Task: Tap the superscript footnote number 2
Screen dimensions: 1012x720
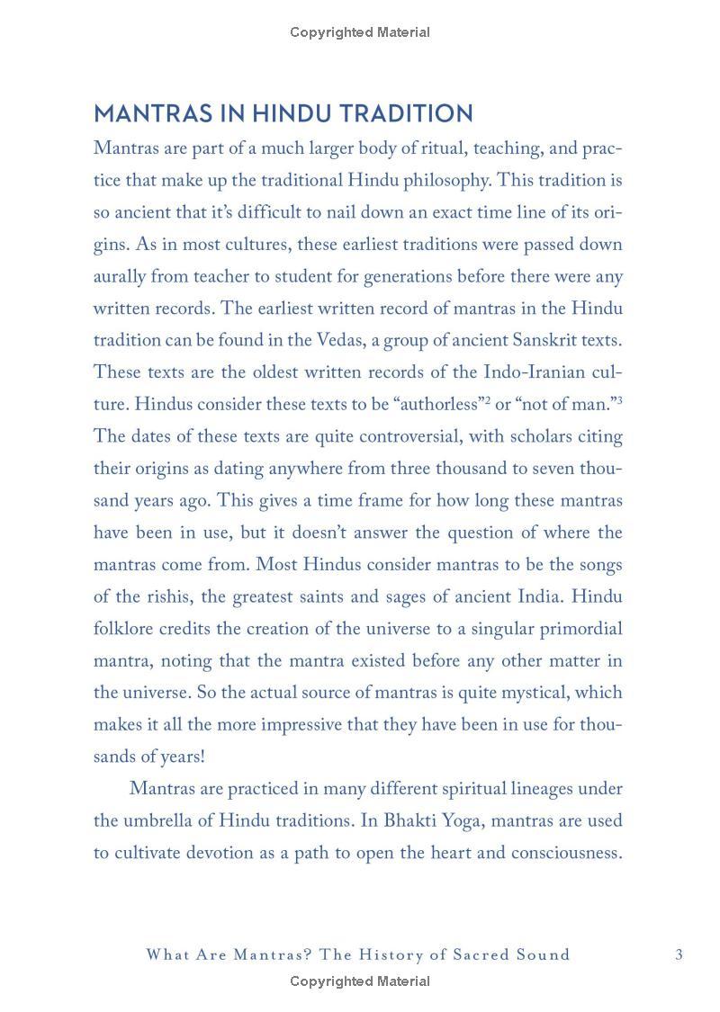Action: click(x=488, y=399)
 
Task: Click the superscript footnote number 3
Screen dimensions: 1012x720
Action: click(x=619, y=399)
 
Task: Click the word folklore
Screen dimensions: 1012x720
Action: click(x=123, y=629)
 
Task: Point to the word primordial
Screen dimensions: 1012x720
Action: click(x=577, y=629)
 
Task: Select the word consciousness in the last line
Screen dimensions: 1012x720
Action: click(x=567, y=853)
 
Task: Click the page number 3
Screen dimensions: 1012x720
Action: click(x=679, y=954)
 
